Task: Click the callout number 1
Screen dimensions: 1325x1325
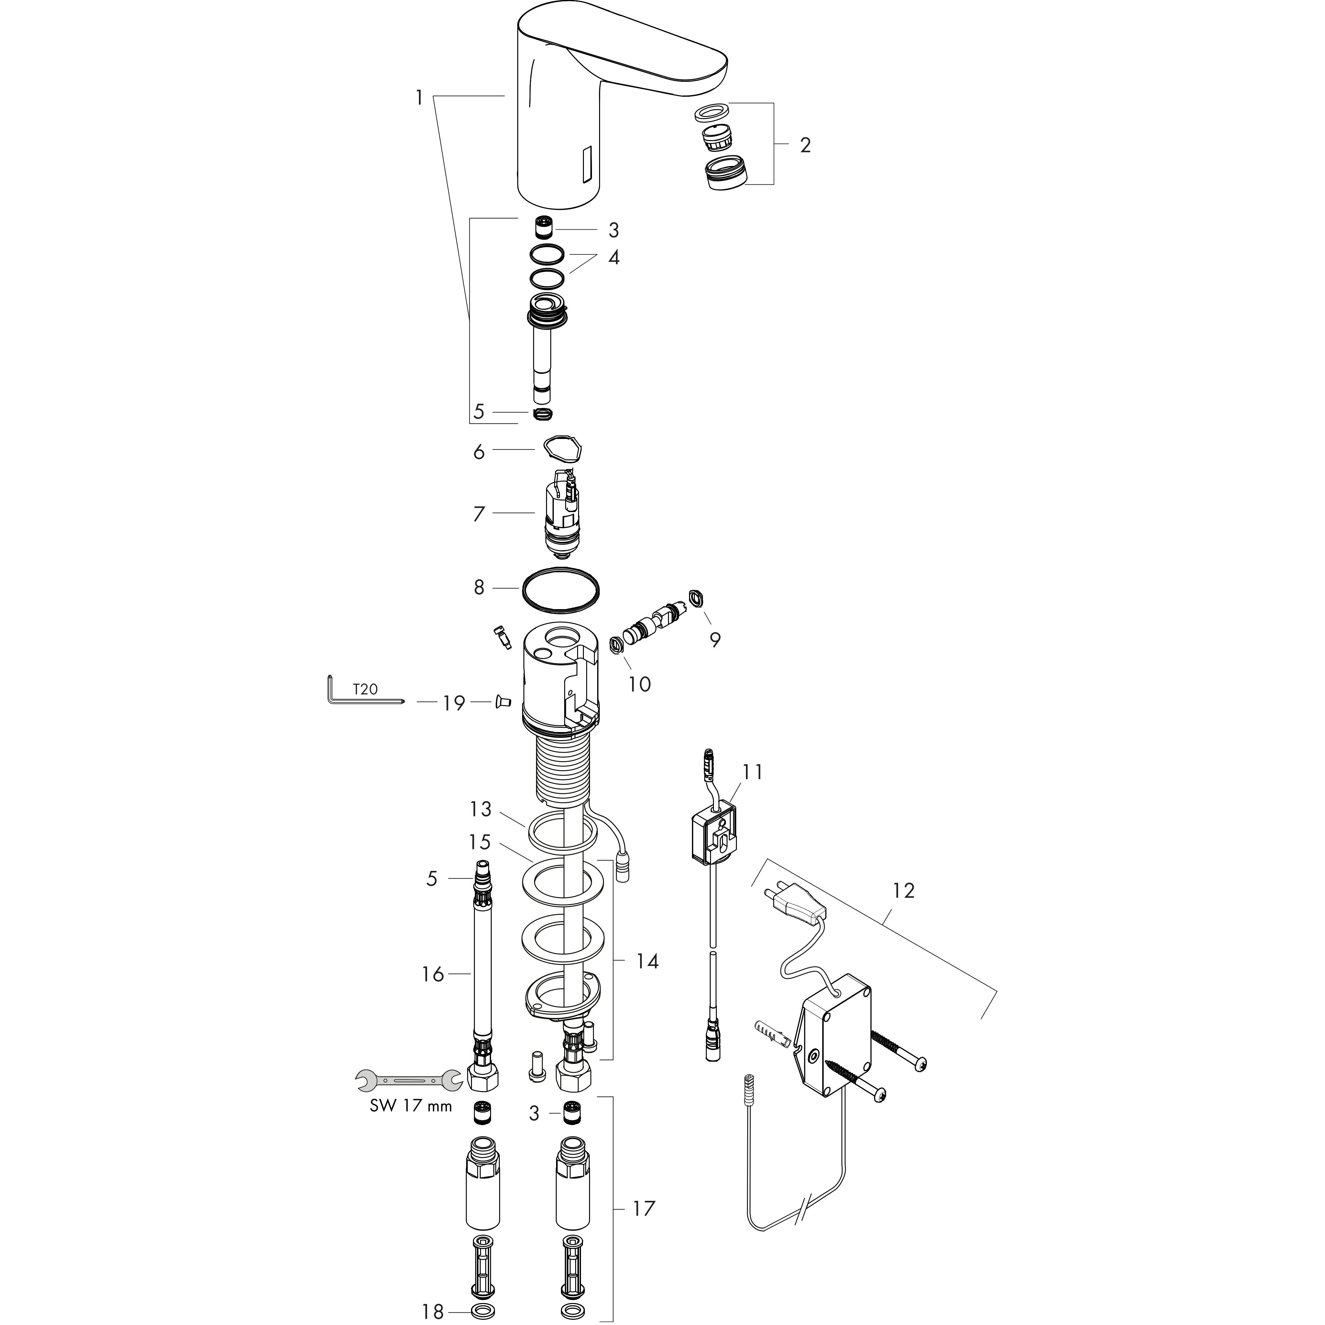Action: pos(419,98)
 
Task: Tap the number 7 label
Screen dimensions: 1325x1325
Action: pos(479,514)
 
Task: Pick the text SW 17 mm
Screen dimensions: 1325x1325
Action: pos(411,1125)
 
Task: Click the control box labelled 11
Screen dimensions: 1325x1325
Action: pos(715,835)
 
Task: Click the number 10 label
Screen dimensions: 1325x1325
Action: pos(639,684)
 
